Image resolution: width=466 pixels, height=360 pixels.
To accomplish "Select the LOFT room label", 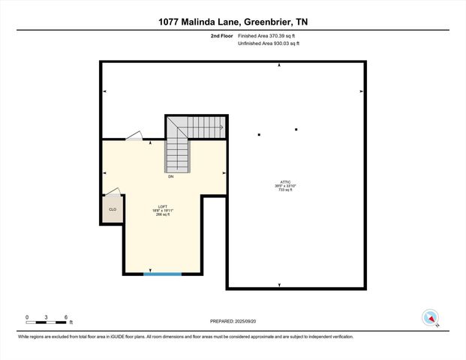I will [x=162, y=206].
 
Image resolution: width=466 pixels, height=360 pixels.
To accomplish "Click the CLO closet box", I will [x=113, y=210].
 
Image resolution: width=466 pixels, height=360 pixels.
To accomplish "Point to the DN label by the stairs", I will [x=171, y=177].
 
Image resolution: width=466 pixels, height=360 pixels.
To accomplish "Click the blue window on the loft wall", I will [x=163, y=274].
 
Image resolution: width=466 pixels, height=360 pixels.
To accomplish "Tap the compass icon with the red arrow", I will [x=431, y=317].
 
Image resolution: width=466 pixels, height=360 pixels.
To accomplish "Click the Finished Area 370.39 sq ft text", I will [x=269, y=36].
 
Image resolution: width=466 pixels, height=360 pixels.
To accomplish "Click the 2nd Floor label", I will [x=222, y=36].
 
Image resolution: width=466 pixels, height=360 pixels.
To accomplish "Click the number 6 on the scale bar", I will [x=67, y=317].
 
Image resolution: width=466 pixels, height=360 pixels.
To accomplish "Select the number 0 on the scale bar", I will [x=27, y=317].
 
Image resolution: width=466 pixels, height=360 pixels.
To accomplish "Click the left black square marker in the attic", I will [x=259, y=135].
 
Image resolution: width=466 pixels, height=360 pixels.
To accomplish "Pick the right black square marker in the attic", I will [x=296, y=130].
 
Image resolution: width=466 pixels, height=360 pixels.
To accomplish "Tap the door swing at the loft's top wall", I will [x=134, y=136].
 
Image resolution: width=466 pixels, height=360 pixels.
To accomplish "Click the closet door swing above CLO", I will [x=111, y=192].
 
